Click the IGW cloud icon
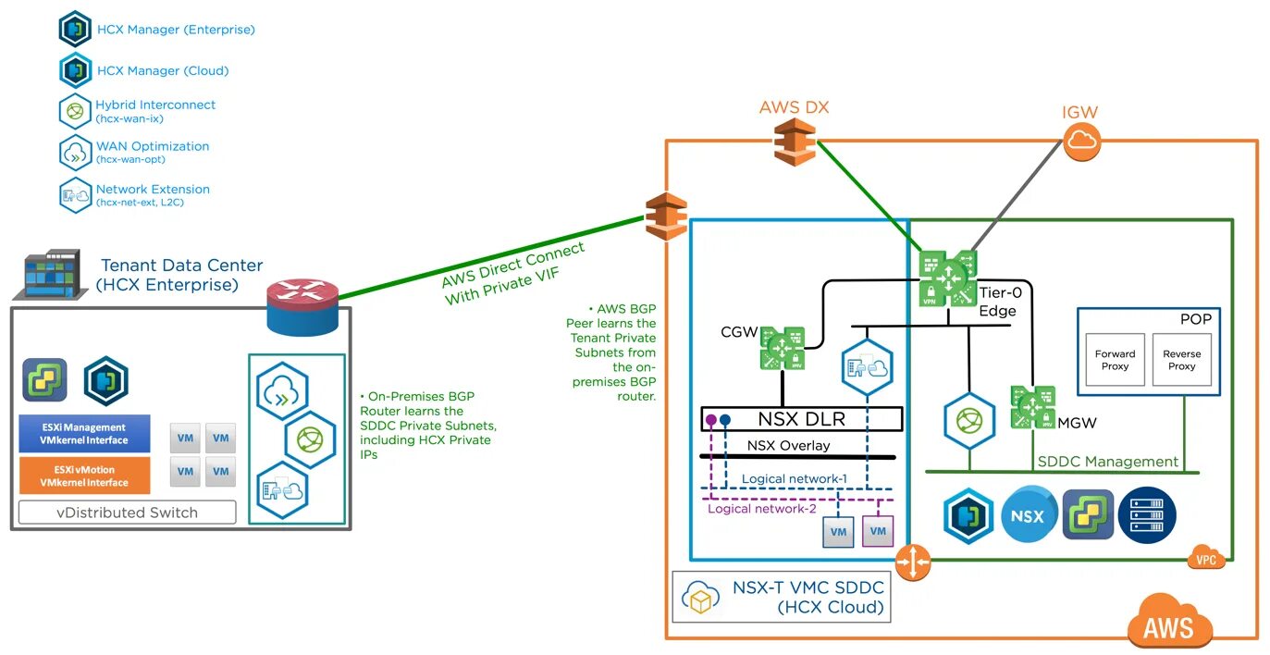1079,142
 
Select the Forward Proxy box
1115,360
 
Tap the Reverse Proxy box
1181,360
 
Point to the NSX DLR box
801,419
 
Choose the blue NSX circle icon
1029,515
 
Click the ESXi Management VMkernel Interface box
84,434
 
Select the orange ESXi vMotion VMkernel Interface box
84,476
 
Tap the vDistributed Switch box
128,512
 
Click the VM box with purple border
878,531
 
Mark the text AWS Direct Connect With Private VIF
514,275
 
